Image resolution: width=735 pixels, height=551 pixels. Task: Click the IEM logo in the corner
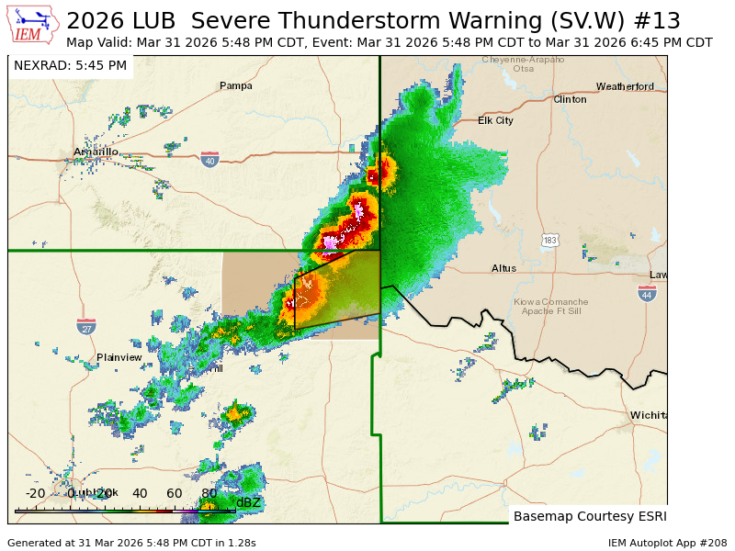pos(34,26)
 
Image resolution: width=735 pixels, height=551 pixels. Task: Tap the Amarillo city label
pos(96,152)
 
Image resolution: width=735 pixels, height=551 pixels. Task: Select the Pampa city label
pos(235,85)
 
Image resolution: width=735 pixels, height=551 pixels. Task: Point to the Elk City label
pos(496,120)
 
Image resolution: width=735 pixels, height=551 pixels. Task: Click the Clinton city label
pos(570,99)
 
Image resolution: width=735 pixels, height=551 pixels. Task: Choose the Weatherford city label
pos(625,86)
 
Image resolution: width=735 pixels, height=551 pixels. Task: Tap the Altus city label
pos(503,268)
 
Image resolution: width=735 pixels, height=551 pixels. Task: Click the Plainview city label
pos(119,357)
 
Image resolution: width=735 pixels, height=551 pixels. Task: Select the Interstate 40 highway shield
pos(209,160)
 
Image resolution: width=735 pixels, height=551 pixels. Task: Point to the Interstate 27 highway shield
pos(86,326)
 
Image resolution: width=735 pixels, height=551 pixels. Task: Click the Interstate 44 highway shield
pos(647,293)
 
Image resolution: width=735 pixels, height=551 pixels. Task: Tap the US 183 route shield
pos(549,240)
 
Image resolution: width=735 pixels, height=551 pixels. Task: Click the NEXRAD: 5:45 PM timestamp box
pos(71,65)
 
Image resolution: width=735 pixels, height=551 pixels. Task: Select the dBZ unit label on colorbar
pos(248,502)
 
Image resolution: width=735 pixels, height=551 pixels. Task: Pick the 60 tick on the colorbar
pos(174,493)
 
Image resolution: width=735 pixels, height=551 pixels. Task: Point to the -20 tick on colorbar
pos(35,493)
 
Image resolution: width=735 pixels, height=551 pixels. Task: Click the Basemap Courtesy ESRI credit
pos(588,516)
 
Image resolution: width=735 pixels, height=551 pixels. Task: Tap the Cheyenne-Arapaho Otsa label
pos(524,63)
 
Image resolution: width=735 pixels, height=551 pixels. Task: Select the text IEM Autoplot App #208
pos(667,543)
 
